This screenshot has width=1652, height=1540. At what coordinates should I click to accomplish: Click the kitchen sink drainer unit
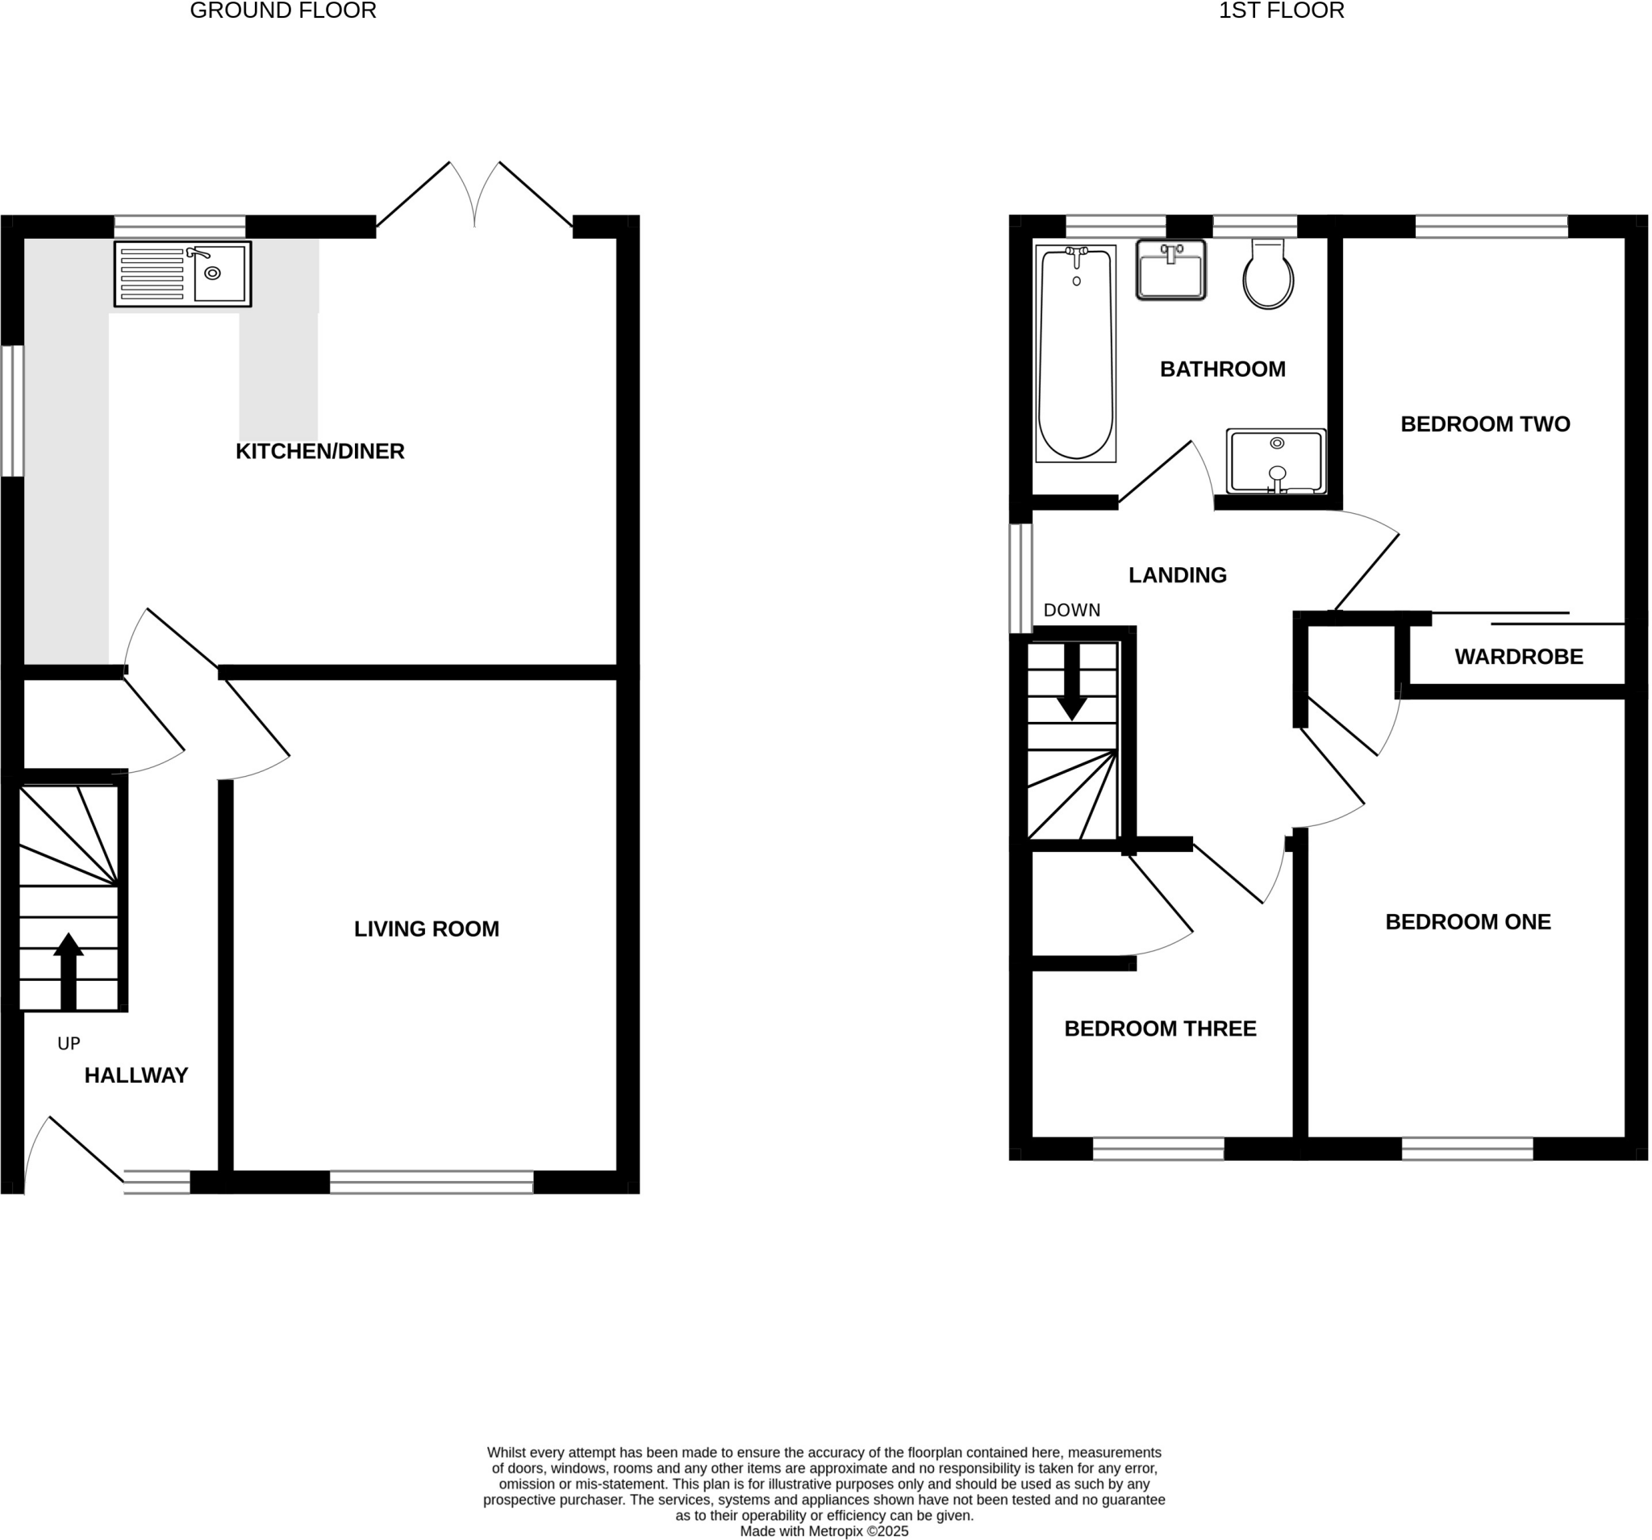tap(183, 273)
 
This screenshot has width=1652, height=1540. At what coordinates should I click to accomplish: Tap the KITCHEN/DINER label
tap(320, 451)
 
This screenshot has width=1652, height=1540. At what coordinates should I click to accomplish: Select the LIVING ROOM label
tap(426, 929)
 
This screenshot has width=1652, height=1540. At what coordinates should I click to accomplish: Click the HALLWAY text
tap(136, 1075)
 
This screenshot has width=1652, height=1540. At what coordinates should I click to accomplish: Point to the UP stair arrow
tap(68, 970)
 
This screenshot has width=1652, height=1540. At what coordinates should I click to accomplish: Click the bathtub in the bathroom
tap(1075, 353)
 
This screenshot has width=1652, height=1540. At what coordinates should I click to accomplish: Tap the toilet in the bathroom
tap(1268, 275)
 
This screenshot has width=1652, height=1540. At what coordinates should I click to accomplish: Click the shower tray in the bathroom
tap(1275, 461)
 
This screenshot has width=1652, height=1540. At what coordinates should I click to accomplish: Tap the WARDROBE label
tap(1519, 657)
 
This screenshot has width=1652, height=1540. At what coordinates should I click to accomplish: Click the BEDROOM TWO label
tap(1485, 424)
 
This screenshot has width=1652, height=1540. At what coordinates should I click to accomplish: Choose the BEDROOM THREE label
tap(1160, 1029)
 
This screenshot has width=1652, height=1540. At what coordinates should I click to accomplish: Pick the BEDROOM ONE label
tap(1467, 922)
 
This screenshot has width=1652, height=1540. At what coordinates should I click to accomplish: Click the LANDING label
tap(1177, 575)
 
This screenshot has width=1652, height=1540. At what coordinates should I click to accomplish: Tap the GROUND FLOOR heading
tap(283, 10)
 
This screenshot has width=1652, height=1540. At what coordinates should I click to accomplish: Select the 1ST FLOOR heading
tap(1281, 10)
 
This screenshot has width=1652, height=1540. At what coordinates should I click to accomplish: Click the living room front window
tap(432, 1182)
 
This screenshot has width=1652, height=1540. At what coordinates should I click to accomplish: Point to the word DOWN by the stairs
tap(1071, 610)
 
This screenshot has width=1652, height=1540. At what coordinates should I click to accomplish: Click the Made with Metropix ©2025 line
tap(824, 1531)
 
